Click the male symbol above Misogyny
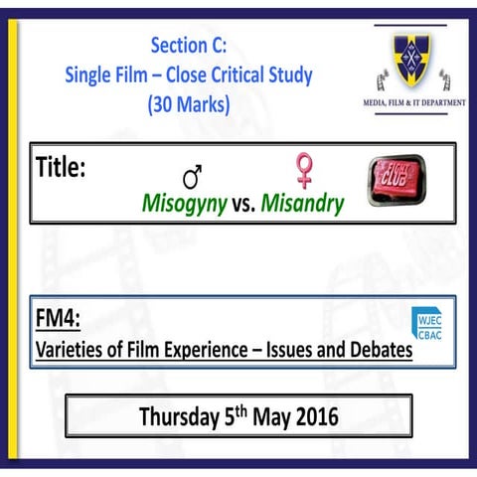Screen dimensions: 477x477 pyautogui.click(x=193, y=176)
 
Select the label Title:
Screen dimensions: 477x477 pyautogui.click(x=61, y=166)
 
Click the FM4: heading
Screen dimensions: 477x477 pyautogui.click(x=57, y=319)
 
